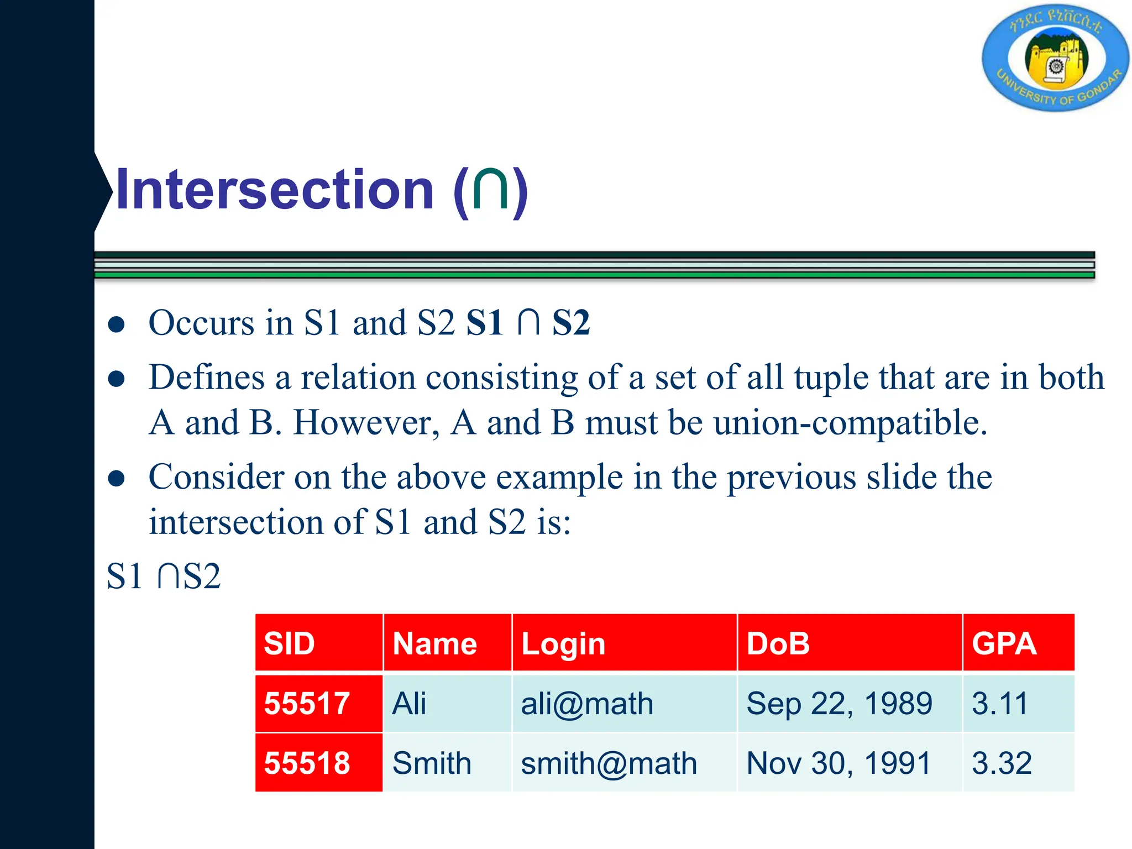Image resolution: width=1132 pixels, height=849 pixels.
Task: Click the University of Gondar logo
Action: (1055, 59)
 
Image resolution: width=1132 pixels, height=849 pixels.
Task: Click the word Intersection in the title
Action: (275, 190)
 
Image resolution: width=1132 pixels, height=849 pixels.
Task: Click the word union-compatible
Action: (850, 423)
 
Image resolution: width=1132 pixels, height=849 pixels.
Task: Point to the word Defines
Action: (207, 378)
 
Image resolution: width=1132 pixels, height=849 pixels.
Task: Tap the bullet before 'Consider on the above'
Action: (116, 478)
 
